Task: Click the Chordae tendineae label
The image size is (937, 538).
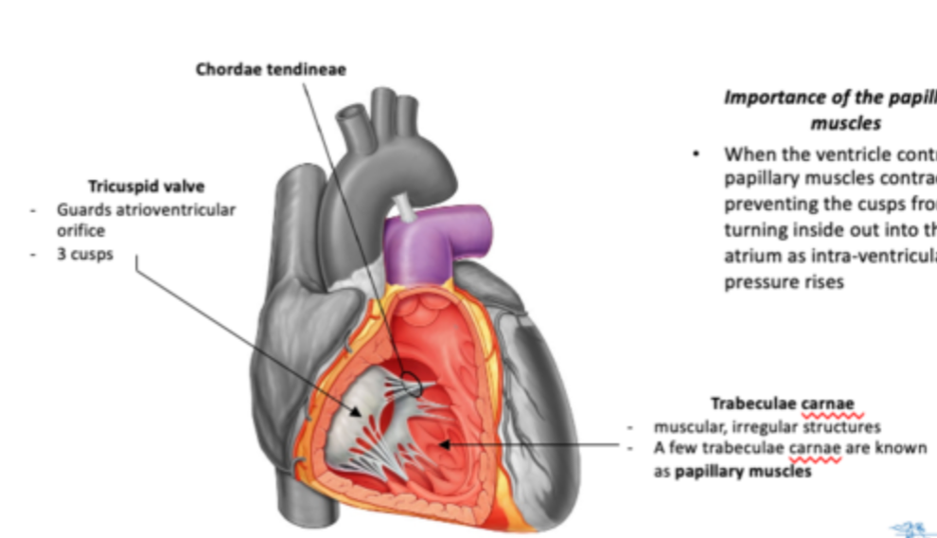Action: click(271, 69)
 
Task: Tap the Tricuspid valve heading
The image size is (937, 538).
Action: click(147, 186)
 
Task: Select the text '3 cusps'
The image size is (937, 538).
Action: click(84, 255)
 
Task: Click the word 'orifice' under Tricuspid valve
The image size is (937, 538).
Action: click(79, 230)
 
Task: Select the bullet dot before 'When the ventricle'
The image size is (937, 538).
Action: click(698, 153)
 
